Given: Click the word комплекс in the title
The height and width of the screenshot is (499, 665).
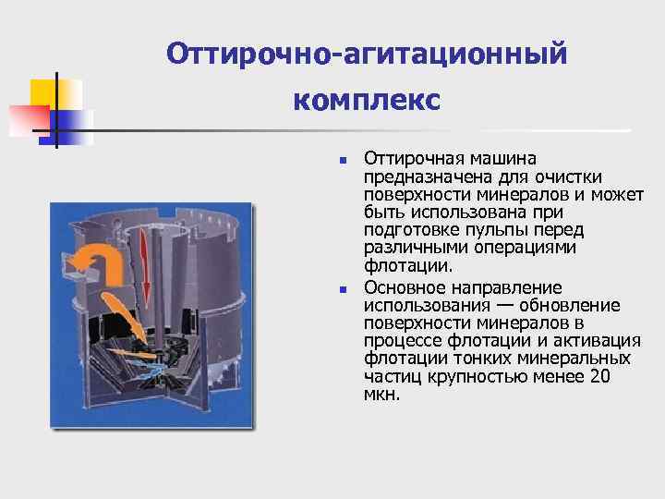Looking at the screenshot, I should pyautogui.click(x=367, y=99).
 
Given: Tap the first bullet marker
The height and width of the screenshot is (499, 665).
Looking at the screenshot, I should pyautogui.click(x=343, y=161).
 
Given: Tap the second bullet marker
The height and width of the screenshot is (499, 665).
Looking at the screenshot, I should pyautogui.click(x=343, y=289).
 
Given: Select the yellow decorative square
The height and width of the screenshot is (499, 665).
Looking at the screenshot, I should pyautogui.click(x=55, y=92).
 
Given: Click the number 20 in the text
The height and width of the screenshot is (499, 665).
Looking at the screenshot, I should pyautogui.click(x=599, y=376).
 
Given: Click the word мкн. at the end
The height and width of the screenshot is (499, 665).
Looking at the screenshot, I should pyautogui.click(x=382, y=394).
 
